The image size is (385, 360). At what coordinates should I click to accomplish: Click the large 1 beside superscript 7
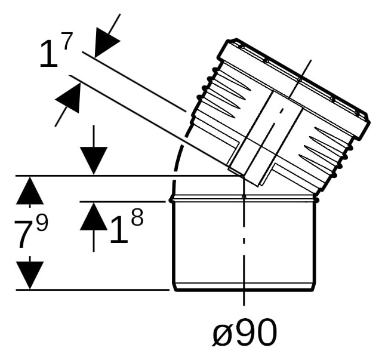pyautogui.click(x=49, y=54)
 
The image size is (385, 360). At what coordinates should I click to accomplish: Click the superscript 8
pyautogui.click(x=137, y=217)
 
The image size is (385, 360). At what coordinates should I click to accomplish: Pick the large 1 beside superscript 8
pyautogui.click(x=119, y=230)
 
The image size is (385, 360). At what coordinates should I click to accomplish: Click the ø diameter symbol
pyautogui.click(x=223, y=333)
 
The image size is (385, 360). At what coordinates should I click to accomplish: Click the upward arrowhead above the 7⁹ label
pyautogui.click(x=30, y=190)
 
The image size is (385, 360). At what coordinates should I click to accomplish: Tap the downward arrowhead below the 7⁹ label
pyautogui.click(x=30, y=275)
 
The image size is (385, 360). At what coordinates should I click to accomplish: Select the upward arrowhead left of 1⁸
pyautogui.click(x=94, y=217)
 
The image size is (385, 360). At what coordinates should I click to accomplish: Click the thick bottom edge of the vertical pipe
pyautogui.click(x=244, y=290)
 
